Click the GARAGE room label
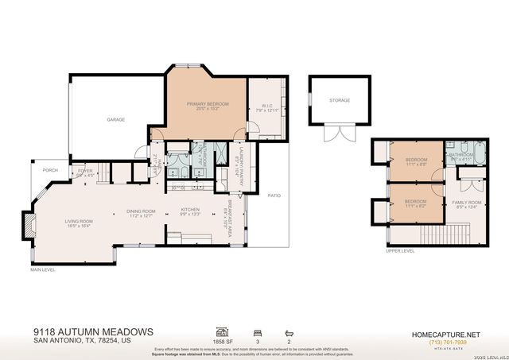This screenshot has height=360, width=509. click(116, 119)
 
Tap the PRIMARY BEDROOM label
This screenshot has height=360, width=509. click(208, 105)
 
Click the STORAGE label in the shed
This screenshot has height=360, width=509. click(340, 100)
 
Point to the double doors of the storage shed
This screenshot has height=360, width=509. click(340, 134)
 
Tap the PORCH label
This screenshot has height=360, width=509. click(50, 170)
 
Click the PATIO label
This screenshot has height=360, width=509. click(274, 195)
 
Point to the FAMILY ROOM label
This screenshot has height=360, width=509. click(467, 203)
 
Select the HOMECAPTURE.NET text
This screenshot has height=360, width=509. click(445, 334)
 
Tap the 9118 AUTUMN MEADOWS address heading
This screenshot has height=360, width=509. click(93, 331)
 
